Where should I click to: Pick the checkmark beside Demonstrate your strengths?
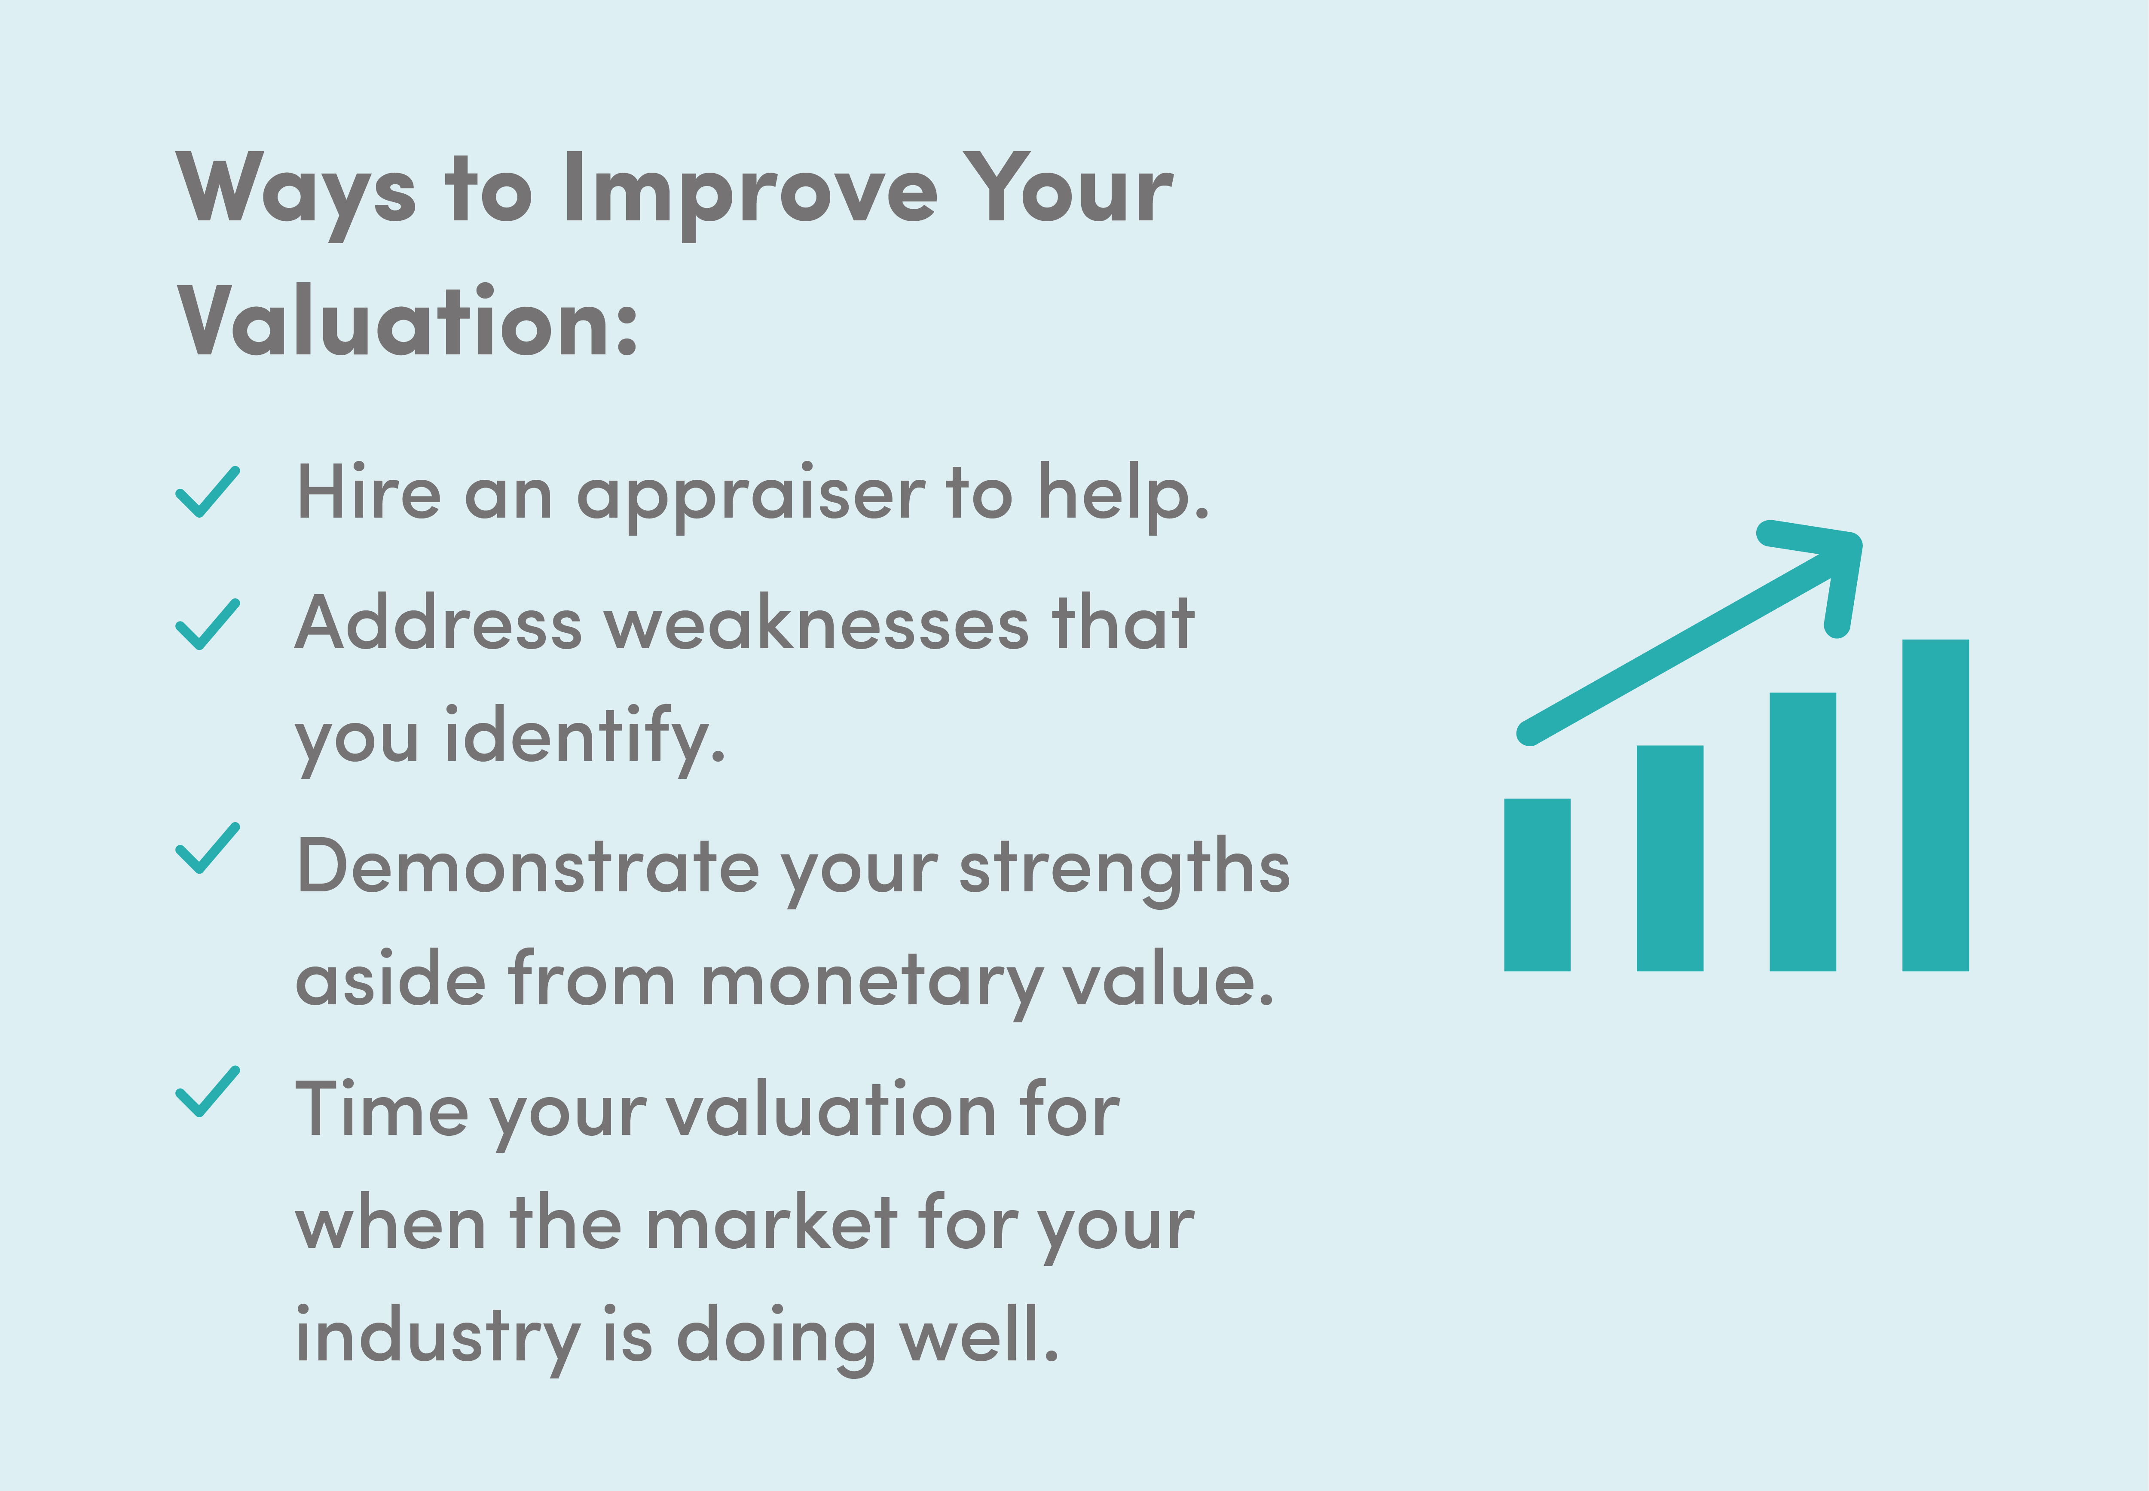coord(208,848)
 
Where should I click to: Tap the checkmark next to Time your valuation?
coord(208,1091)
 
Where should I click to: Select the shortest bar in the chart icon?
coord(1537,885)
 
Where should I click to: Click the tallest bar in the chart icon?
coord(1935,805)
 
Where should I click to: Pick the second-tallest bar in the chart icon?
coord(1802,832)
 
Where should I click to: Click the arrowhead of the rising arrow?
coord(1822,570)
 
